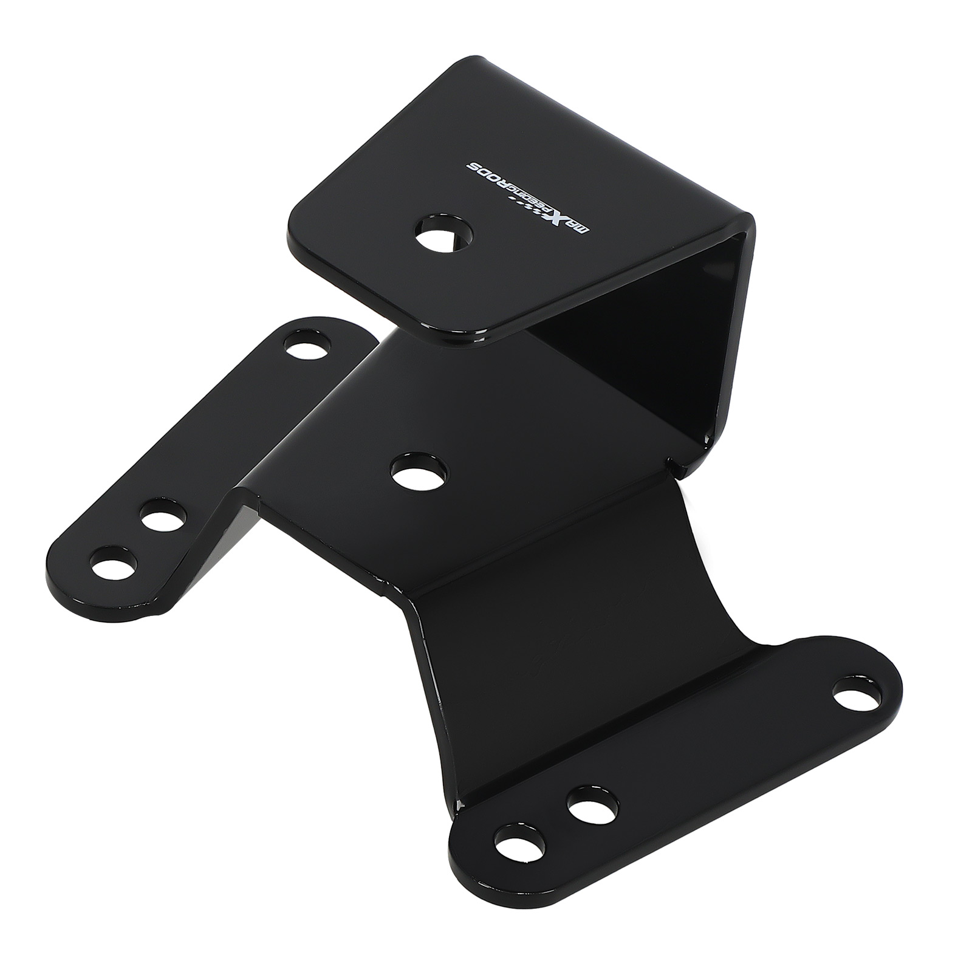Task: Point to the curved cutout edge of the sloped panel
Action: point(717,583)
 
